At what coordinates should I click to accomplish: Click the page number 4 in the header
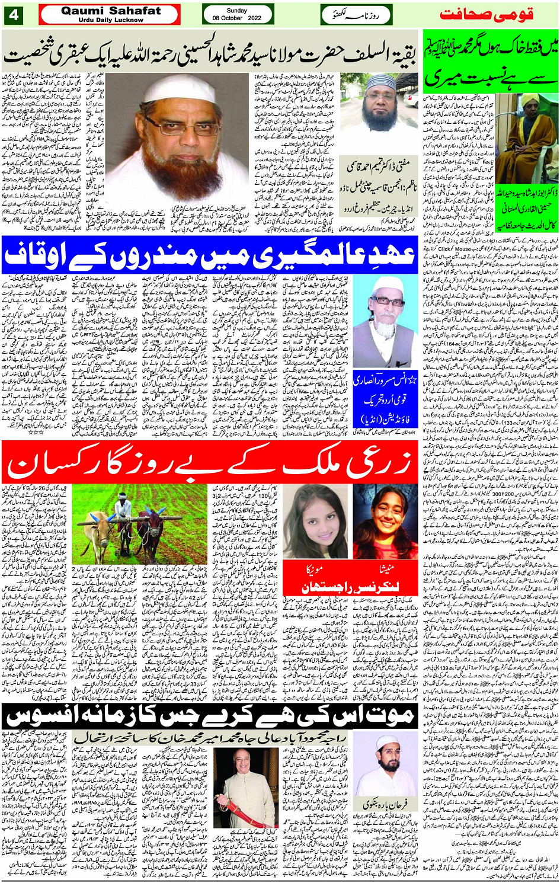coord(13,15)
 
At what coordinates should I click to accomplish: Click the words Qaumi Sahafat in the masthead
coord(111,11)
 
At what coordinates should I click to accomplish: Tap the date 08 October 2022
coord(237,18)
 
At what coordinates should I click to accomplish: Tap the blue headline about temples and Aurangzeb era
coord(210,255)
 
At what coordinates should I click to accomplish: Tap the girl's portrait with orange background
coord(385,522)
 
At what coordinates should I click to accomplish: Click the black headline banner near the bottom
coord(210,716)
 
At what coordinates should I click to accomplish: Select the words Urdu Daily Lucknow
coord(111,20)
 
